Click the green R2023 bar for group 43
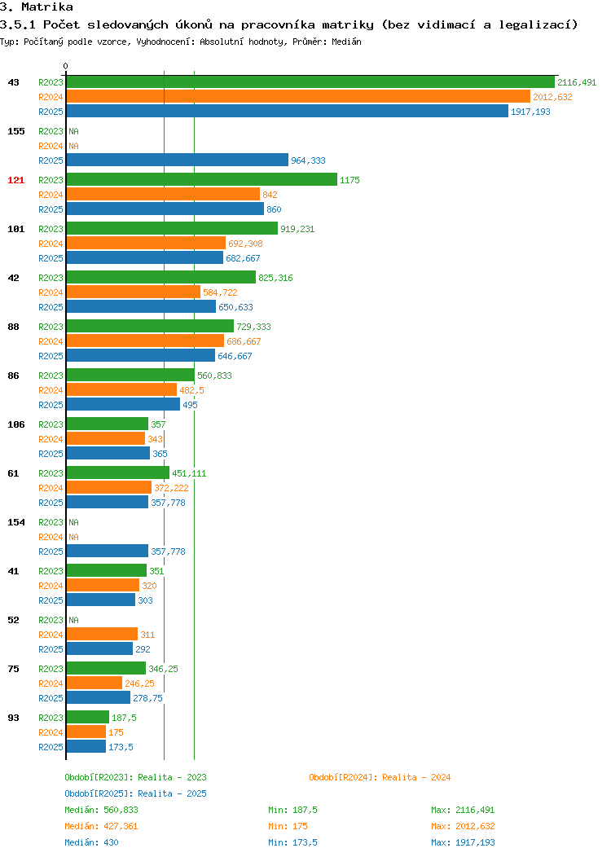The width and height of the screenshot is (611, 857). coord(310,82)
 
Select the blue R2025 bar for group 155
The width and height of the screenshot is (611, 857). coord(177,160)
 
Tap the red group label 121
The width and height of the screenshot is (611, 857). coord(15,180)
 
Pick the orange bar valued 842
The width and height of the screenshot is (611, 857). coord(163,195)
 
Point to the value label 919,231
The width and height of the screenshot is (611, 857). coord(297,229)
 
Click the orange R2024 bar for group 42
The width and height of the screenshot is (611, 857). coord(134,292)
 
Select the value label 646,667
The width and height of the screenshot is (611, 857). coord(235,356)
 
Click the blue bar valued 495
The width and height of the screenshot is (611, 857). coord(123,404)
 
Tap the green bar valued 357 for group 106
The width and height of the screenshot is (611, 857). coord(107,424)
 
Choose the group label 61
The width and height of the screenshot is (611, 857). coord(13,473)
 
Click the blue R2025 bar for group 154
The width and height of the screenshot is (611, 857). coord(107,551)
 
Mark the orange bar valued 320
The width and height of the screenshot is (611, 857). coord(103,586)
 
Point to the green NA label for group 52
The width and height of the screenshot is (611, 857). coord(74,620)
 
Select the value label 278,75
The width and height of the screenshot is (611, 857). coord(147,698)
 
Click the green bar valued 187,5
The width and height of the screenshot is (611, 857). coord(87,717)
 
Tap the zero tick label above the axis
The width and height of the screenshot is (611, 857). coord(66,66)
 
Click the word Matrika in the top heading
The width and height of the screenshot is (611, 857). coord(47,7)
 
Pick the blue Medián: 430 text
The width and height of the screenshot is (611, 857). coord(91,842)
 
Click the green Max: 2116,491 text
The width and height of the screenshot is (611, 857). coord(463,810)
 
